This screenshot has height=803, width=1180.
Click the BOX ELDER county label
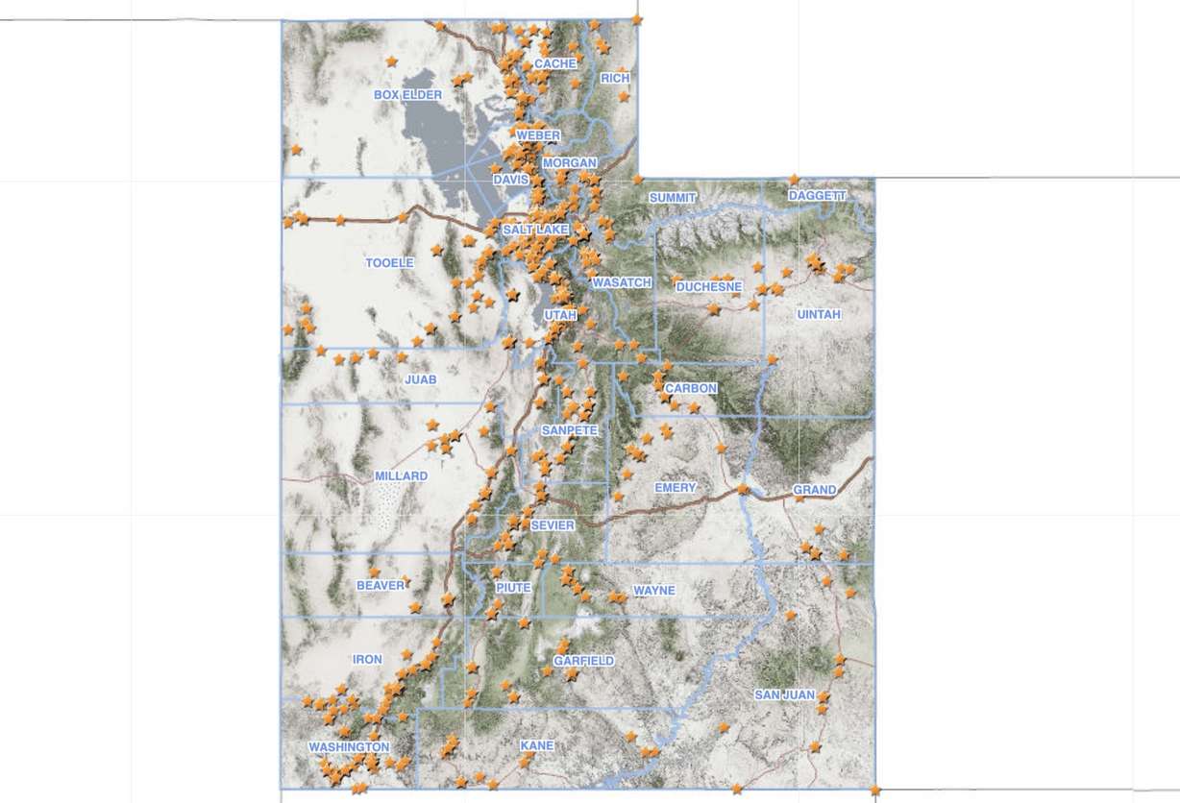[407, 95]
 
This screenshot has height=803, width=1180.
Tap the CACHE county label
[554, 64]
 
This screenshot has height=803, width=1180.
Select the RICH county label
[614, 78]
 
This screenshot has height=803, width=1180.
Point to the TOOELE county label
[389, 263]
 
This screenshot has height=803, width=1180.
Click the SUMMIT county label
[671, 198]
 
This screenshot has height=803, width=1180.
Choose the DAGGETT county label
[817, 196]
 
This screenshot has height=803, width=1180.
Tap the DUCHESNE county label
[709, 287]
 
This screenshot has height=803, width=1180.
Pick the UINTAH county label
[819, 315]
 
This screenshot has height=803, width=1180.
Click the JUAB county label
[421, 380]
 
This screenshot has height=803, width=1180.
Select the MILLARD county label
[401, 476]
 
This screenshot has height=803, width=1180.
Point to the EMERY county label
[675, 488]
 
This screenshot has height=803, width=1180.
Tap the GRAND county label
[814, 491]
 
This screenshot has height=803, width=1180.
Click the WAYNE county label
[653, 591]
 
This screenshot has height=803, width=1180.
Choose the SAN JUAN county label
[784, 695]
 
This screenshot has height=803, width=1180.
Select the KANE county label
[536, 746]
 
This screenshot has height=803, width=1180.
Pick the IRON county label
[367, 660]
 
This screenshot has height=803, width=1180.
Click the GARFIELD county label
[583, 662]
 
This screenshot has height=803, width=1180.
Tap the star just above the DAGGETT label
[794, 180]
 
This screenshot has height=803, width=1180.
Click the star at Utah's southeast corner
[874, 791]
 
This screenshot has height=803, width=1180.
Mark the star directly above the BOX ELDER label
[391, 61]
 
